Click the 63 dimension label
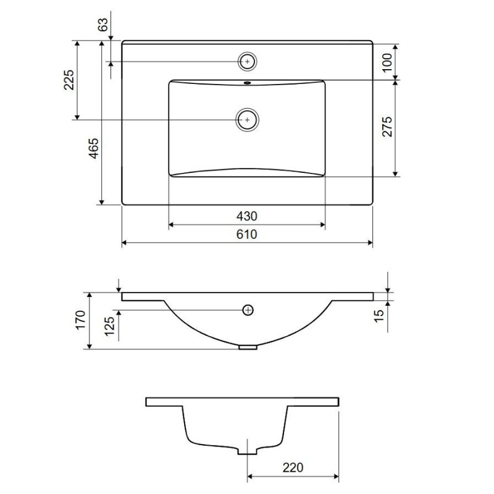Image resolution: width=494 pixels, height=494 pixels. pyautogui.click(x=103, y=24)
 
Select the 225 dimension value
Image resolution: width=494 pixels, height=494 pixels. pyautogui.click(x=69, y=80)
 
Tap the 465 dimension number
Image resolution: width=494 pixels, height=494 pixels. pyautogui.click(x=93, y=148)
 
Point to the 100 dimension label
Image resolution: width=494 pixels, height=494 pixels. pyautogui.click(x=387, y=62)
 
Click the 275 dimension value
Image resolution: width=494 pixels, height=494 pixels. pyautogui.click(x=387, y=127)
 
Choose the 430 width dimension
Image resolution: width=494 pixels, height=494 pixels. pyautogui.click(x=246, y=216)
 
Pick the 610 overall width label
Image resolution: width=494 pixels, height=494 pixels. pyautogui.click(x=246, y=235)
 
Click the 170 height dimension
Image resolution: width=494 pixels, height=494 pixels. pyautogui.click(x=81, y=320)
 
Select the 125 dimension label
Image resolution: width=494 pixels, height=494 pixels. pyautogui.click(x=110, y=327)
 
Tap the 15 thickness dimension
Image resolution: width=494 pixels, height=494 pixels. pyautogui.click(x=379, y=316)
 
